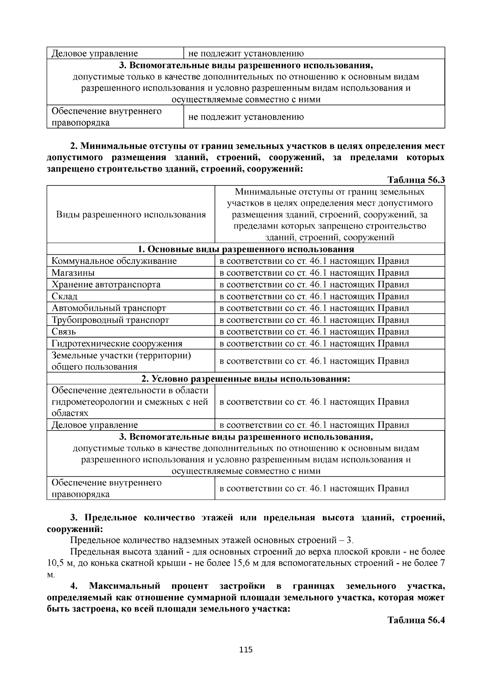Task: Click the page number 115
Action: [246, 650]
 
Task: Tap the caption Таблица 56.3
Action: [416, 180]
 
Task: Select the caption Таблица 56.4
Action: [416, 620]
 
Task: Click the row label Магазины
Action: [73, 273]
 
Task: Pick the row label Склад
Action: [64, 296]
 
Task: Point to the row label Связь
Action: [64, 332]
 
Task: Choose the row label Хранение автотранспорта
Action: [106, 285]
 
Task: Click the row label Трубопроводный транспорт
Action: [110, 320]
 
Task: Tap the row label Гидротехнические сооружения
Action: [117, 344]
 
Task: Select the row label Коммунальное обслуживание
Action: [114, 261]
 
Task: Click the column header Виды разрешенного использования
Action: [131, 215]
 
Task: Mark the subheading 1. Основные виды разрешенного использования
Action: [246, 249]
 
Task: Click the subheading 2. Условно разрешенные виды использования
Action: [246, 379]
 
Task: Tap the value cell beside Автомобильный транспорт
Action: [314, 308]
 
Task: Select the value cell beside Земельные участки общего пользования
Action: [314, 361]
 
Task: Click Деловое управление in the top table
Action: [95, 53]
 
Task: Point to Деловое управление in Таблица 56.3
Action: [95, 425]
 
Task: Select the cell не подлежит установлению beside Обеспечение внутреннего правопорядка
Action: [246, 117]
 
